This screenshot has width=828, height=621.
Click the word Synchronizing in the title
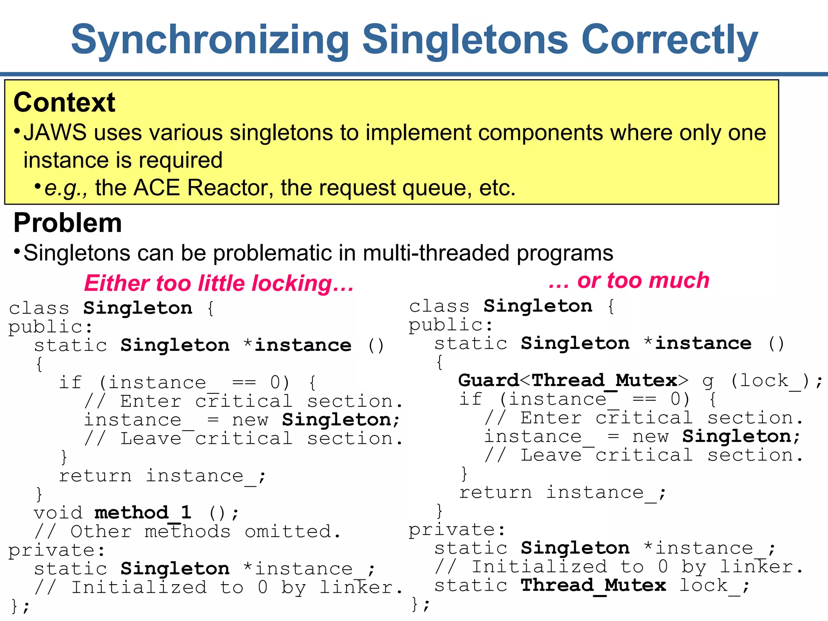click(x=210, y=40)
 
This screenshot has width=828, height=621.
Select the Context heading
click(x=64, y=102)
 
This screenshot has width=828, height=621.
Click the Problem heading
click(x=68, y=223)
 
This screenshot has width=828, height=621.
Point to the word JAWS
click(x=55, y=133)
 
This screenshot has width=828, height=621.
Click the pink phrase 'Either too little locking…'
click(x=219, y=283)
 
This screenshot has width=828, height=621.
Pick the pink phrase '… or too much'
click(x=629, y=280)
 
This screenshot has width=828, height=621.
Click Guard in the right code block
click(x=488, y=380)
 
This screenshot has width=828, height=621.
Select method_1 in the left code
click(x=143, y=513)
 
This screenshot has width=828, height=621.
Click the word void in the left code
click(x=58, y=513)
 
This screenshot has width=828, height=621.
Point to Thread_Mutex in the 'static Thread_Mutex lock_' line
click(x=593, y=585)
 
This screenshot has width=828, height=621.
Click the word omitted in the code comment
click(x=288, y=531)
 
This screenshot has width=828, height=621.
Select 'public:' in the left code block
click(x=51, y=327)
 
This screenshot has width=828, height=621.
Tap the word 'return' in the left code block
click(x=95, y=475)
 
